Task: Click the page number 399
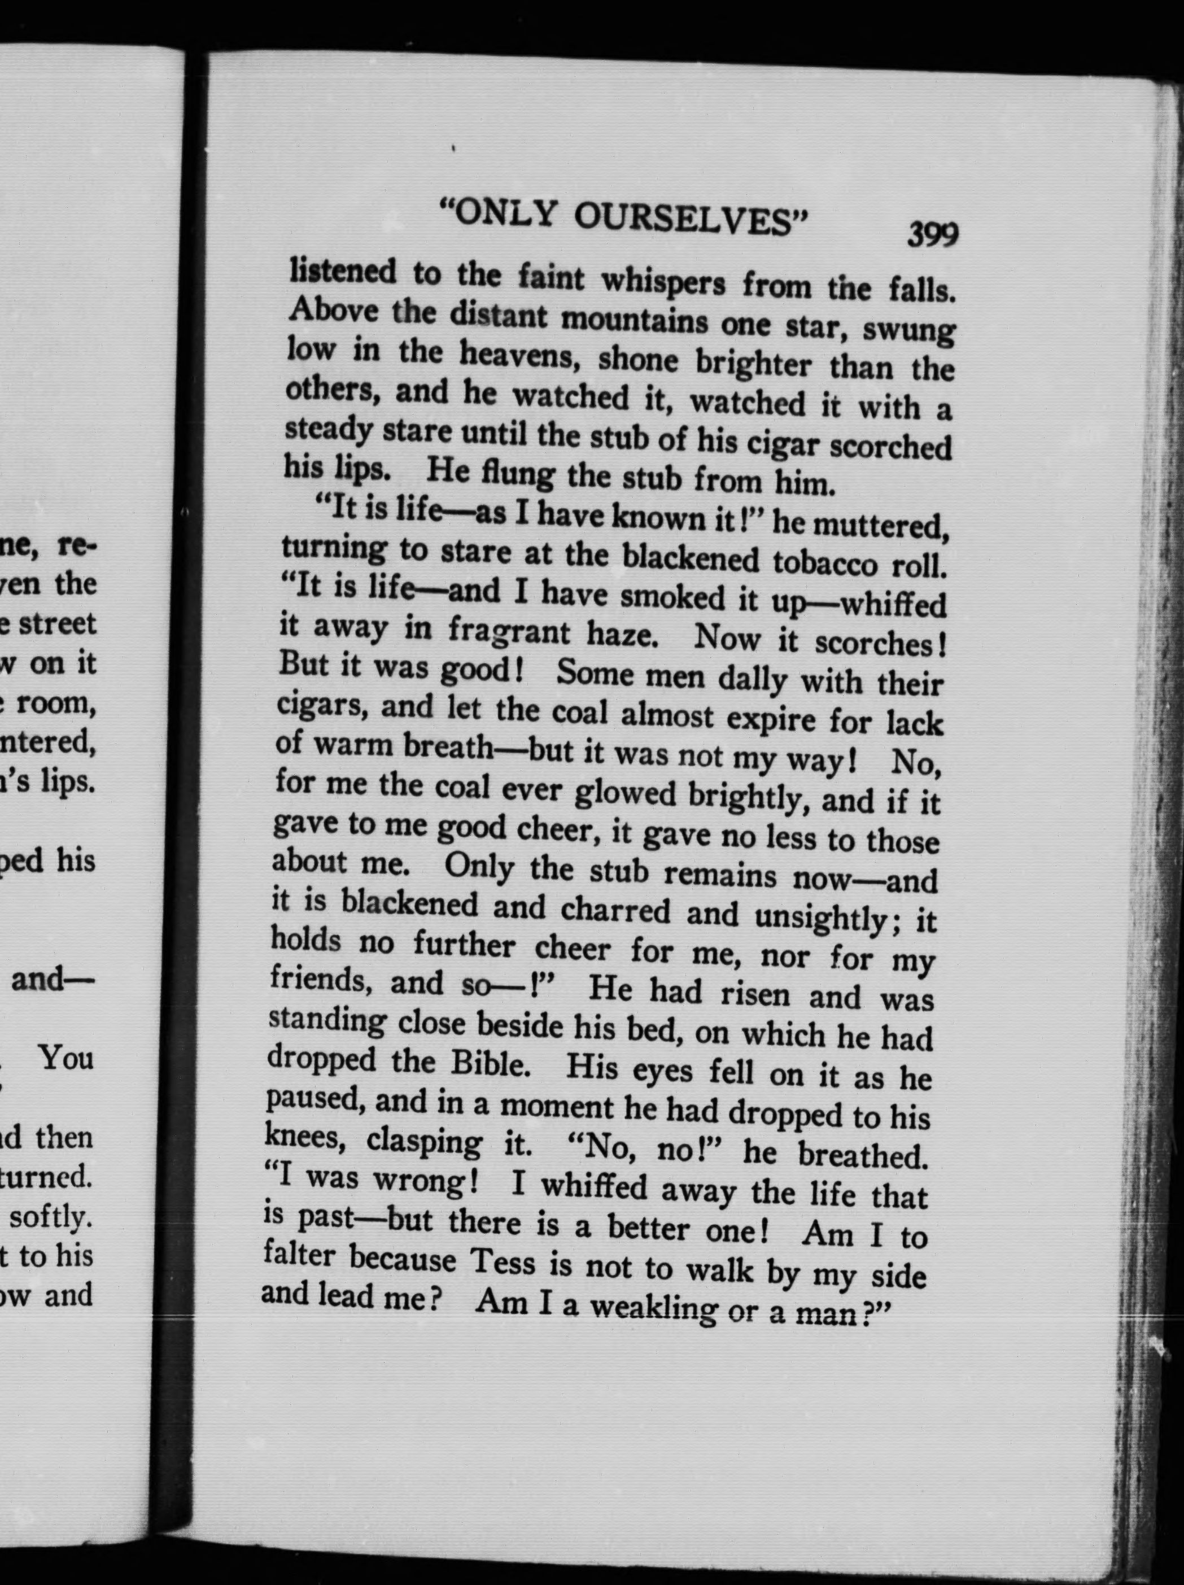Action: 932,234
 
